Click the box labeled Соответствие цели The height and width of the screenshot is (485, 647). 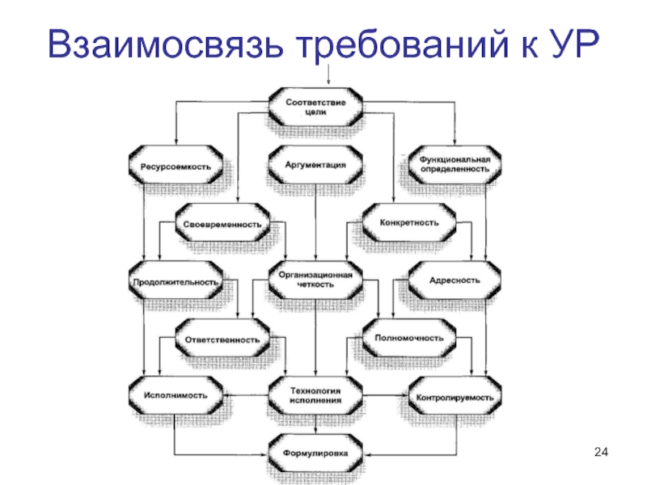point(316,108)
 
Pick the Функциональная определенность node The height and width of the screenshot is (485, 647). point(455,164)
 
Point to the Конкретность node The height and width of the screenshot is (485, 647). point(410,222)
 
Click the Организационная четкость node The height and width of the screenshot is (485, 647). point(316,280)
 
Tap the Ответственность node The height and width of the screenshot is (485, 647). point(222,339)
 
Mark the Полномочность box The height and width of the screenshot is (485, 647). point(410,339)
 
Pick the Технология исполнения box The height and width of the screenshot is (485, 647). point(316,395)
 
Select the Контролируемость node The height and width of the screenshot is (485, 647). point(454,397)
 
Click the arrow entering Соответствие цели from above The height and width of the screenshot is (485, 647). point(329,75)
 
